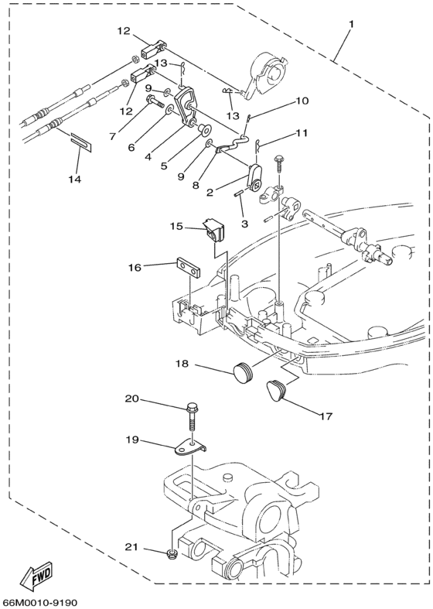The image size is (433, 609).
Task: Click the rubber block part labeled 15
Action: pos(211,230)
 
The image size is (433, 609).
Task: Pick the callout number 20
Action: pos(132,399)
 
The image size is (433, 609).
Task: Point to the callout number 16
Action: pos(135,268)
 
